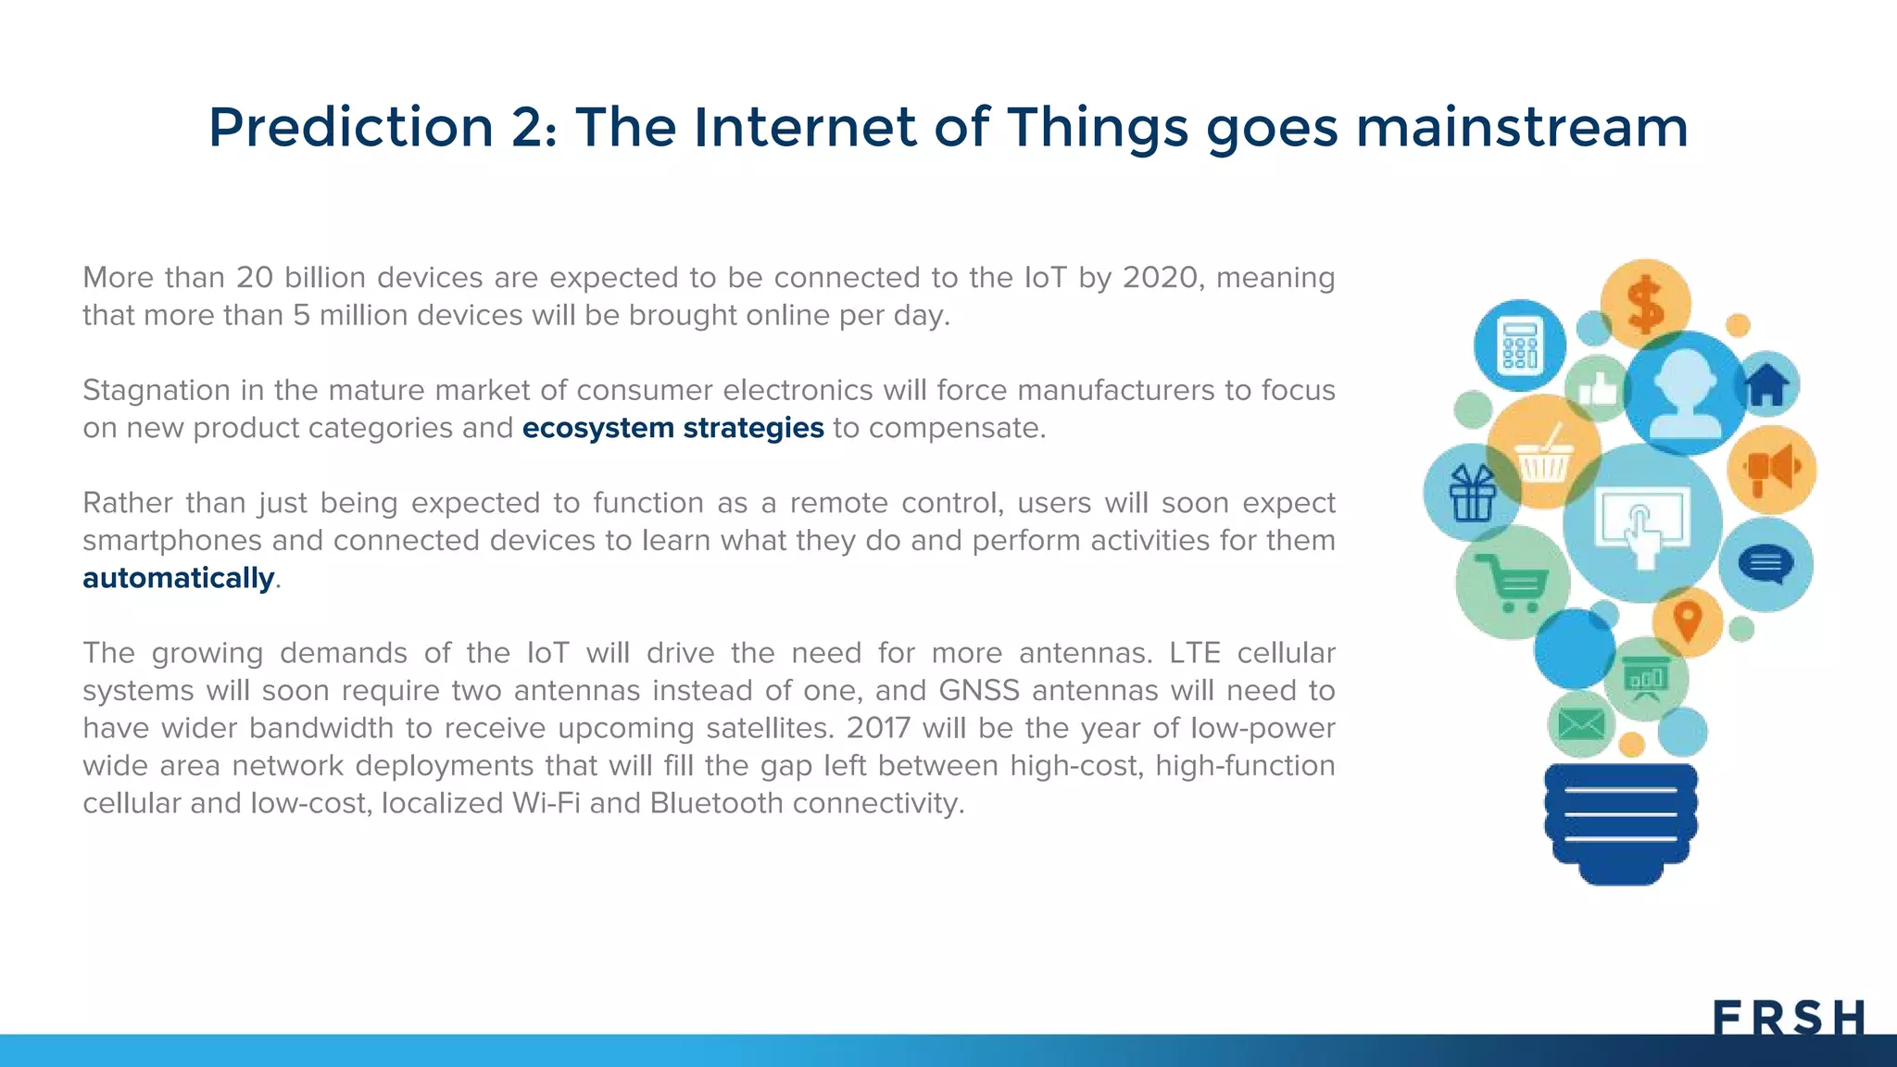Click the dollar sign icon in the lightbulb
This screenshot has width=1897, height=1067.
pos(1646,305)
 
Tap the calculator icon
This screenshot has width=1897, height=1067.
pos(1520,345)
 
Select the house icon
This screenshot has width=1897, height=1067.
pos(1766,384)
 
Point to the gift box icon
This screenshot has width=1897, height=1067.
pos(1472,494)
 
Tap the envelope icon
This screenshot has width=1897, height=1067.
pos(1581,723)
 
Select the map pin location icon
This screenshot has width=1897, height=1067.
pos(1688,621)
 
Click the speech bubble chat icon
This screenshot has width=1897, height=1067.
pos(1765,564)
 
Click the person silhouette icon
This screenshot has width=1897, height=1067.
pos(1686,394)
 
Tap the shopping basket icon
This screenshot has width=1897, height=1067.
pos(1543,454)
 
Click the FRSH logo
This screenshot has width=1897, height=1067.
pos(1788,1017)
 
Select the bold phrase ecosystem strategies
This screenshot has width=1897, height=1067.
pos(672,428)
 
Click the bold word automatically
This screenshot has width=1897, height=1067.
pos(179,578)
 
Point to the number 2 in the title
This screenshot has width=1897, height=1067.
pos(528,127)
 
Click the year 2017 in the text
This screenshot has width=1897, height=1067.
pos(877,728)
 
